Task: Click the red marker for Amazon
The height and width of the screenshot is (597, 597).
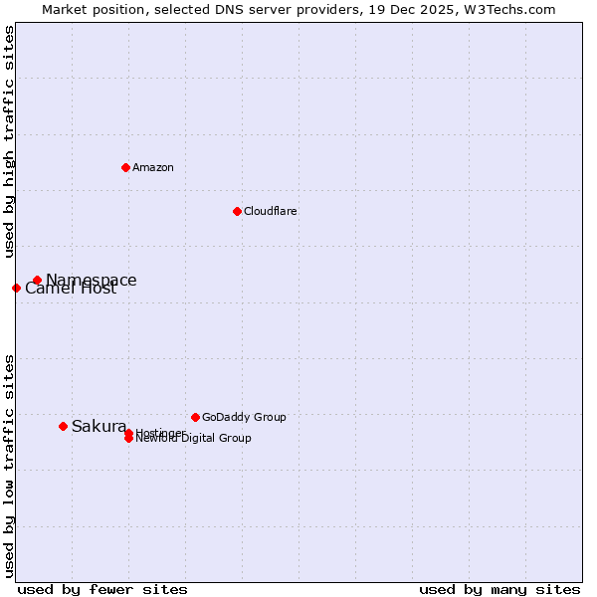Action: pyautogui.click(x=125, y=167)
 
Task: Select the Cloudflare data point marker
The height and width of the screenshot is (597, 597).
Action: pyautogui.click(x=237, y=211)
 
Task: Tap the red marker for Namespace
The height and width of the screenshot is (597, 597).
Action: pyautogui.click(x=37, y=281)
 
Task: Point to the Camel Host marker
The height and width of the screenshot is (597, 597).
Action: pyautogui.click(x=16, y=288)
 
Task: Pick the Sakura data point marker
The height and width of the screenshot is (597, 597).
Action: pyautogui.click(x=63, y=426)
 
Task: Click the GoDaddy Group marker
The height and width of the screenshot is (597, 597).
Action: pyautogui.click(x=195, y=417)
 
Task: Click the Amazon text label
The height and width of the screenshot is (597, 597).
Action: pyautogui.click(x=153, y=167)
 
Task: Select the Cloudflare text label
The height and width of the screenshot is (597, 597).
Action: pyautogui.click(x=271, y=211)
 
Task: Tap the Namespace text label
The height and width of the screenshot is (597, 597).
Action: pyautogui.click(x=92, y=281)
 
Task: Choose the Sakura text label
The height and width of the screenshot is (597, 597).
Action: pyautogui.click(x=99, y=427)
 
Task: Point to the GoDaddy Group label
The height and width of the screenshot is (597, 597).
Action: pyautogui.click(x=244, y=417)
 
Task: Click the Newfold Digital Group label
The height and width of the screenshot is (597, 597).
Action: pyautogui.click(x=195, y=439)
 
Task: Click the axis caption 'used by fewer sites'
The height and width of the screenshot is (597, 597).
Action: pyautogui.click(x=102, y=589)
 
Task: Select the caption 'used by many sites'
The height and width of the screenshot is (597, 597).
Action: pyautogui.click(x=499, y=589)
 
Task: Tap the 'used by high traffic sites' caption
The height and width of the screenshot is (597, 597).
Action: pyautogui.click(x=9, y=142)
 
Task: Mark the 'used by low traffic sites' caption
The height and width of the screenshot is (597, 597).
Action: pyautogui.click(x=9, y=466)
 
